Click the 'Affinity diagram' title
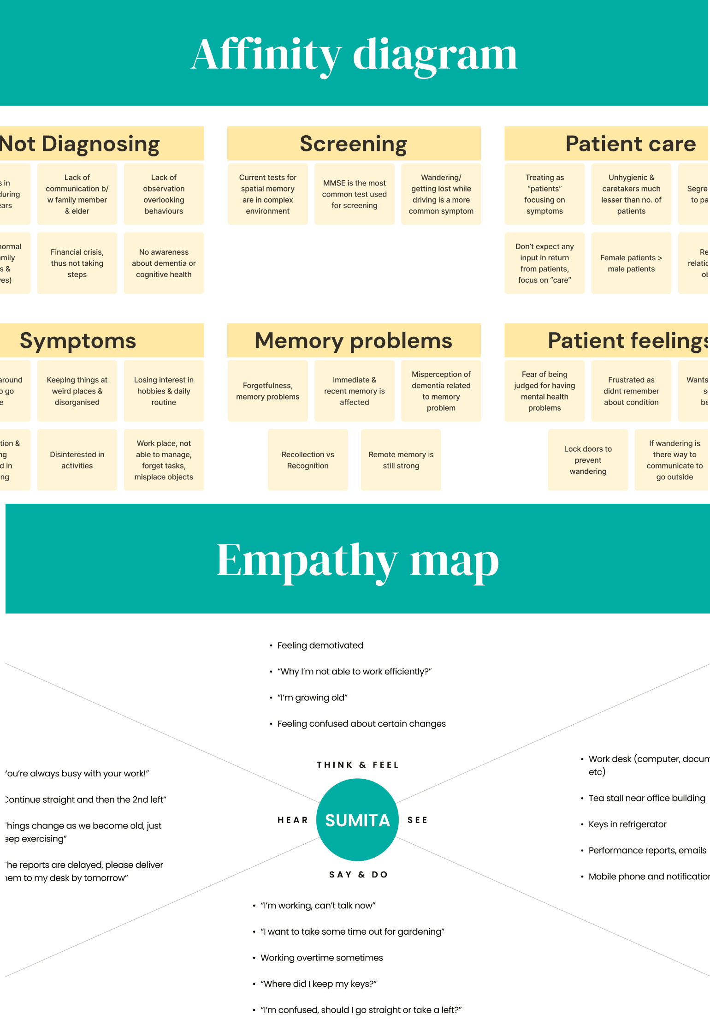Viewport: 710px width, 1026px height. click(x=354, y=54)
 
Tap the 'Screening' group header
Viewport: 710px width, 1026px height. click(x=354, y=143)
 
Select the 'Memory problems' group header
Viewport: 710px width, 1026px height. click(x=354, y=340)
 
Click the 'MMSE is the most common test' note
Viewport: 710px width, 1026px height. click(x=354, y=194)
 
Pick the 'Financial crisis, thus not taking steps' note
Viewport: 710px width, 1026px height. click(x=77, y=263)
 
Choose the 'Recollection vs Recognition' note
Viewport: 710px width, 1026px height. click(x=308, y=460)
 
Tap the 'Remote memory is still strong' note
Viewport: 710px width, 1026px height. click(x=401, y=460)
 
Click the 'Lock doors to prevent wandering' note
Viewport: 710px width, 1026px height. click(x=588, y=460)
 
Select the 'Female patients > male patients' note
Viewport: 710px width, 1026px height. click(x=631, y=263)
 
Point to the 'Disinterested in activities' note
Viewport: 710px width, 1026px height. click(x=77, y=460)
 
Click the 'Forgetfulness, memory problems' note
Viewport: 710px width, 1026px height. click(x=267, y=391)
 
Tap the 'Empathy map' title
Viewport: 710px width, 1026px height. click(x=358, y=560)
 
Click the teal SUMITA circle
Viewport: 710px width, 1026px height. click(x=357, y=820)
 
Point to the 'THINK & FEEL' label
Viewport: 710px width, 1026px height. click(x=357, y=765)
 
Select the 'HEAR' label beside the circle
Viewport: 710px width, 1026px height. click(x=292, y=820)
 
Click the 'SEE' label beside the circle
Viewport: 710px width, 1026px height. click(x=417, y=820)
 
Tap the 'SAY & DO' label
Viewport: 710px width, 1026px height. click(x=358, y=875)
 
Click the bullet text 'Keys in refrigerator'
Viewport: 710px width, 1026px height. click(x=627, y=824)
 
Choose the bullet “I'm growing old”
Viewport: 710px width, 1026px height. click(x=312, y=698)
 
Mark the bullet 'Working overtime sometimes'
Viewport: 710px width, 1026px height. click(x=321, y=958)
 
